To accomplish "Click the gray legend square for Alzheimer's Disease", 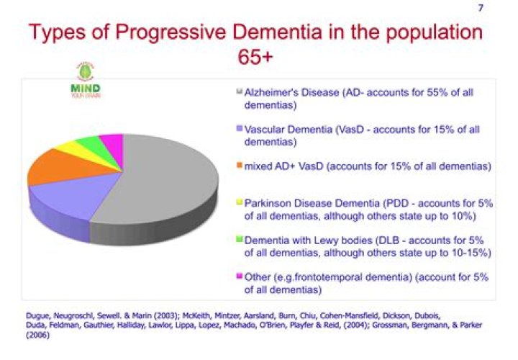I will (x=239, y=93).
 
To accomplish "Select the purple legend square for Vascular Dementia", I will (x=239, y=130).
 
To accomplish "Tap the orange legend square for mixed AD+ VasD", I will (x=239, y=167).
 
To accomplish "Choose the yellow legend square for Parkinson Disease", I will (x=239, y=204).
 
